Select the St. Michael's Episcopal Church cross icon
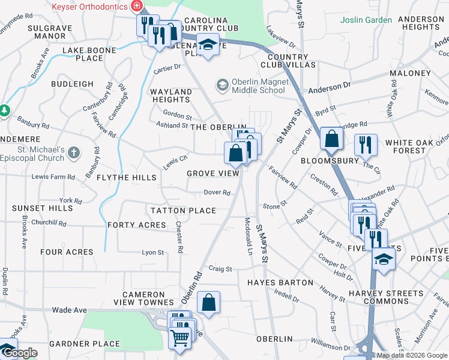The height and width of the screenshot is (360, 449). click(74, 153)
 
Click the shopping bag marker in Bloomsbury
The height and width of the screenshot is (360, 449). click(331, 140)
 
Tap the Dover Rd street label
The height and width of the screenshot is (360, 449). click(217, 193)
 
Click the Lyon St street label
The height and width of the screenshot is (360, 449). click(152, 253)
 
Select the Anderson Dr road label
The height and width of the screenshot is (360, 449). click(329, 87)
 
